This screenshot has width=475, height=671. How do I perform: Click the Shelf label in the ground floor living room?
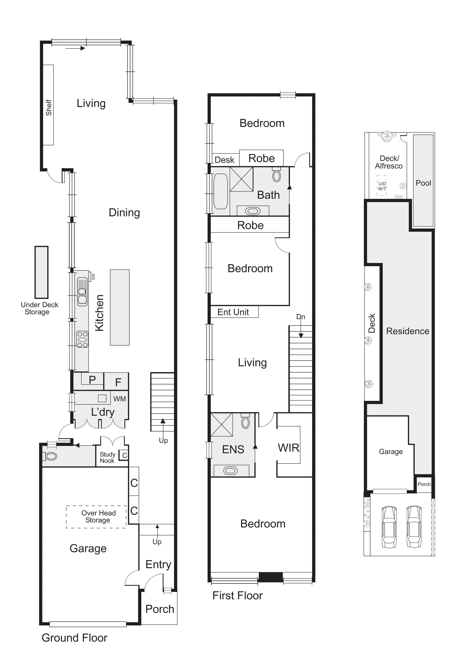48,108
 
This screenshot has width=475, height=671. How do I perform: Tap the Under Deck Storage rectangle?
42,272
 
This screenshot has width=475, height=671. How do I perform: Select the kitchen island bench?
120,307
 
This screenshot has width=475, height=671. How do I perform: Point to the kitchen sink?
82,292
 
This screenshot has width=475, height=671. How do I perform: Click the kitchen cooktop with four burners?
82,339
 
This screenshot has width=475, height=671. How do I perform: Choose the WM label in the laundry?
120,399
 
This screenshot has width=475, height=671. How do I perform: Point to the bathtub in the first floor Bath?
221,191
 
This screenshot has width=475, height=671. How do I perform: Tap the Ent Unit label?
233,312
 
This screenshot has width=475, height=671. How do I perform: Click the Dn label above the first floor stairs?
301,317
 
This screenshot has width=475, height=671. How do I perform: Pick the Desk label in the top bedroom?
224,160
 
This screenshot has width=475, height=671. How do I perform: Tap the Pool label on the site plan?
423,183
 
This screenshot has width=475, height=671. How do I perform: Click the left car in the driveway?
389,527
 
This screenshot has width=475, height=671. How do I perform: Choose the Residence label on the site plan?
408,331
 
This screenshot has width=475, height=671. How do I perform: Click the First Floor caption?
238,596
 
